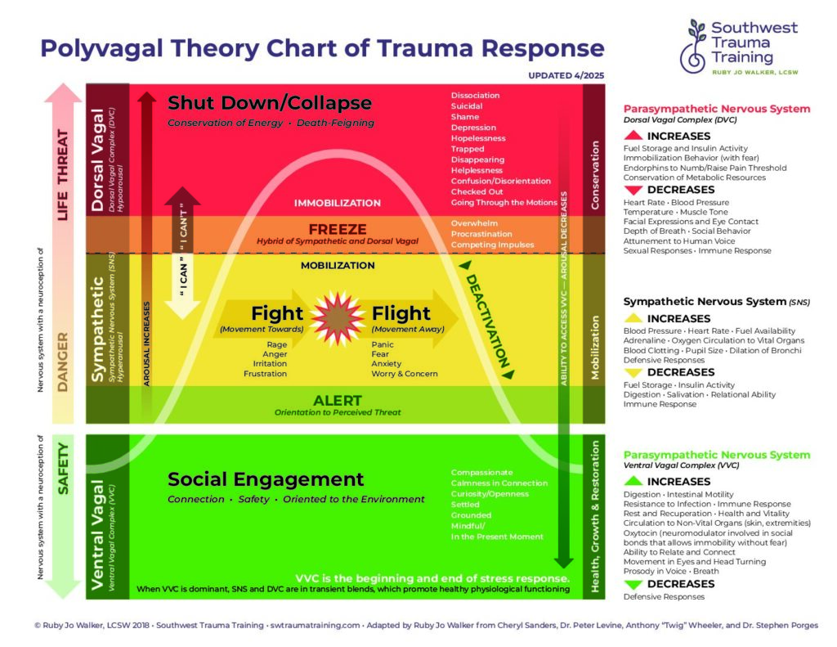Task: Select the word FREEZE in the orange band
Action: (x=337, y=229)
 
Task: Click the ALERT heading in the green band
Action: (x=337, y=401)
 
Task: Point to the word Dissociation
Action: (x=475, y=96)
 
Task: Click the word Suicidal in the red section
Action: (x=467, y=106)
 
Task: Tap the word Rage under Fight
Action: (x=276, y=344)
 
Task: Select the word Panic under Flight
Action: (x=383, y=344)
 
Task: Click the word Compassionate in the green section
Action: (x=482, y=473)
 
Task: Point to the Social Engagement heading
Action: (x=266, y=479)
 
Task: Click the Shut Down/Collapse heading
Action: (x=270, y=104)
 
